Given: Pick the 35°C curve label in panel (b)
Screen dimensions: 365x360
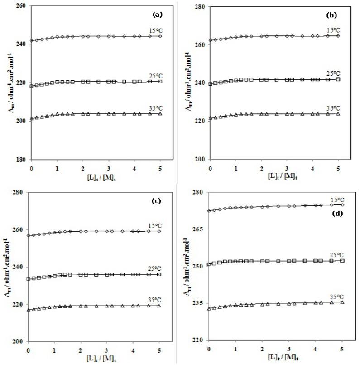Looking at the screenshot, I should [334, 108].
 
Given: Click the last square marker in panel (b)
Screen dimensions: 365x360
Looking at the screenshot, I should [338, 79].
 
